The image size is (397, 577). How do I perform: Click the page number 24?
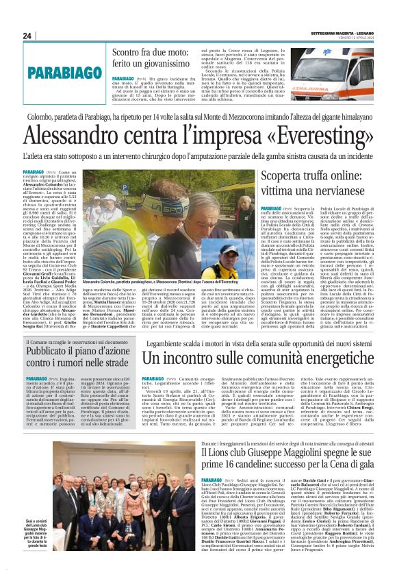(x=27, y=36)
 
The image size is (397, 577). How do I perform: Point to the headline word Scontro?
(x=131, y=53)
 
